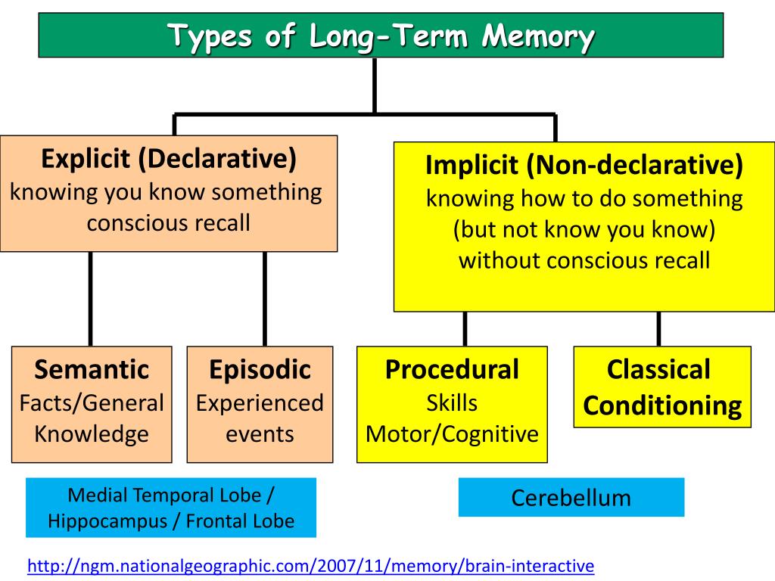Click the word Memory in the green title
coord(538,36)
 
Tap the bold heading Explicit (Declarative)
coord(169,159)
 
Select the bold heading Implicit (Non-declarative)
coord(584,165)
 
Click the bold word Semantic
coord(92,369)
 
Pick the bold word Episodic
coord(260,369)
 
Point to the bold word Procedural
coord(453,369)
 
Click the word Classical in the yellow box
coord(658,369)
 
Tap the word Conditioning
coord(662,406)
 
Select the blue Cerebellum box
coord(571,498)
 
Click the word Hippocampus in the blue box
coord(107,522)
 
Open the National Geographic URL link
coord(310,566)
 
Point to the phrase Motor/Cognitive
coord(453,434)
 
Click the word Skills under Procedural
coord(453,403)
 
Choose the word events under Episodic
coord(260,435)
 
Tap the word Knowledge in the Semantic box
coord(92,435)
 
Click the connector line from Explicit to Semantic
coord(91,299)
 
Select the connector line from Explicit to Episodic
coord(265,299)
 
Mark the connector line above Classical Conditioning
coord(659,329)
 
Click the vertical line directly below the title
coord(375,86)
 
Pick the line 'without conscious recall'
coord(584,260)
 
